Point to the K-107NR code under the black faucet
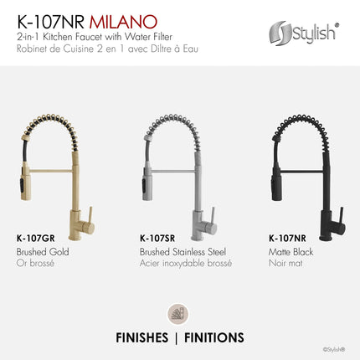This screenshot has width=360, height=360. coord(285,239)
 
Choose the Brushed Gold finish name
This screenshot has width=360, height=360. coord(42,251)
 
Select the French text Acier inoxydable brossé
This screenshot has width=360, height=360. coord(185,263)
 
